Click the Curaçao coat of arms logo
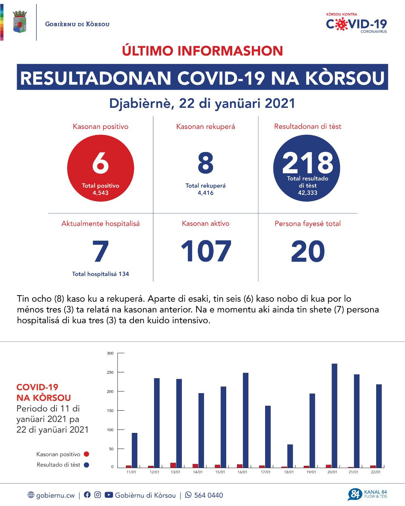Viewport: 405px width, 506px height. tap(19, 22)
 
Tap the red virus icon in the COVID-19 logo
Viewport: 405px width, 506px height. tap(340, 24)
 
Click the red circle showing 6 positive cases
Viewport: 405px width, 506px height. tap(101, 168)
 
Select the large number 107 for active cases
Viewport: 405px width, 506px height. tap(206, 251)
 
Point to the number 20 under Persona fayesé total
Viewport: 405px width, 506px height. tap(308, 251)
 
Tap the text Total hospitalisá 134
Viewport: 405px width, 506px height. tap(101, 274)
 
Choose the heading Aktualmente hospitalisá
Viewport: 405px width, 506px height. tap(101, 224)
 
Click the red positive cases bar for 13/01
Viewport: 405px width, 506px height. tap(173, 465)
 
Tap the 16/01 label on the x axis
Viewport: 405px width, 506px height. tap(242, 472)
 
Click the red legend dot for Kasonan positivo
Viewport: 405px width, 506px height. tap(86, 454)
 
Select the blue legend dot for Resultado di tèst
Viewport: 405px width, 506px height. tap(86, 465)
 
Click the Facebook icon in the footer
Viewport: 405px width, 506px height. tap(87, 495)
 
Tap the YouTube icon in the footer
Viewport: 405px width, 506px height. tap(109, 495)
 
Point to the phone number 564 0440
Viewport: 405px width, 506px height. tap(209, 495)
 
